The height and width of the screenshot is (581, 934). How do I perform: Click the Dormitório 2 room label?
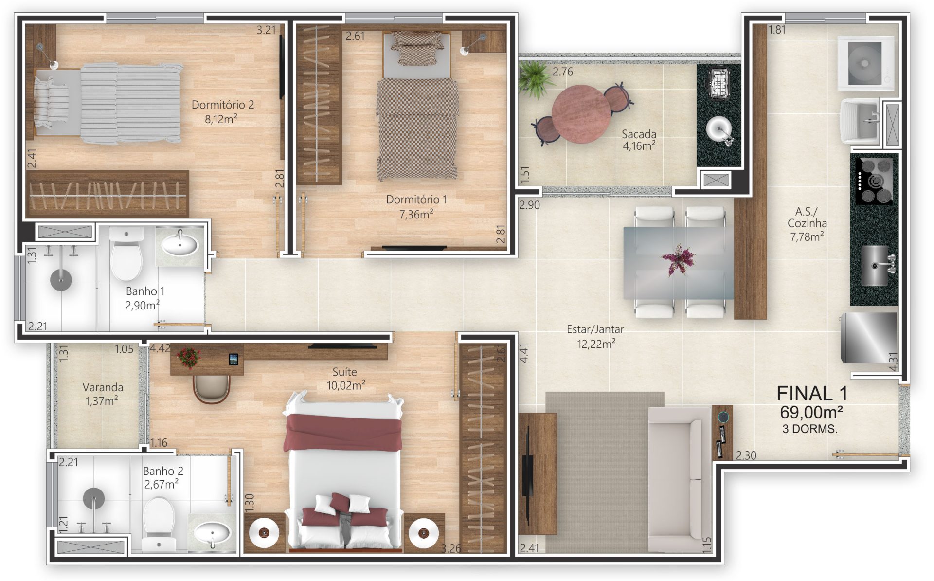pos(222,105)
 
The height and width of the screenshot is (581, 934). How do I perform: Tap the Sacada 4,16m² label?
pos(639,140)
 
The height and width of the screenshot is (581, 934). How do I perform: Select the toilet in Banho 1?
pos(126,254)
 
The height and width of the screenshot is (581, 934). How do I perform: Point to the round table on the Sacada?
pos(580,113)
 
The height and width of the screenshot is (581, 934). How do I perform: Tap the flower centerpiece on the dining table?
pos(677,259)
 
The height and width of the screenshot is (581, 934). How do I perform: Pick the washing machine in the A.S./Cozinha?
pos(867,63)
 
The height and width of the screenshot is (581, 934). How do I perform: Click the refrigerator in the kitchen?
pos(869,337)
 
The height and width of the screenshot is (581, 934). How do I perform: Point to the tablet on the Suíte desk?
pos(233,359)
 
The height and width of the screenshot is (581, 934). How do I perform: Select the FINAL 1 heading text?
pos(812,393)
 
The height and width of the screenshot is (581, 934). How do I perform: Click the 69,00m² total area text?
pos(811,413)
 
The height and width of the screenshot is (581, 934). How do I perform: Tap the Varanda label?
pos(103,387)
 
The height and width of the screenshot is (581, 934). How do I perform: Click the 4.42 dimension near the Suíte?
pos(160,348)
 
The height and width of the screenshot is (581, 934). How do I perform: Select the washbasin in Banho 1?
pos(180,245)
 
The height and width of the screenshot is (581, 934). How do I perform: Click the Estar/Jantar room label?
pos(595,330)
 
